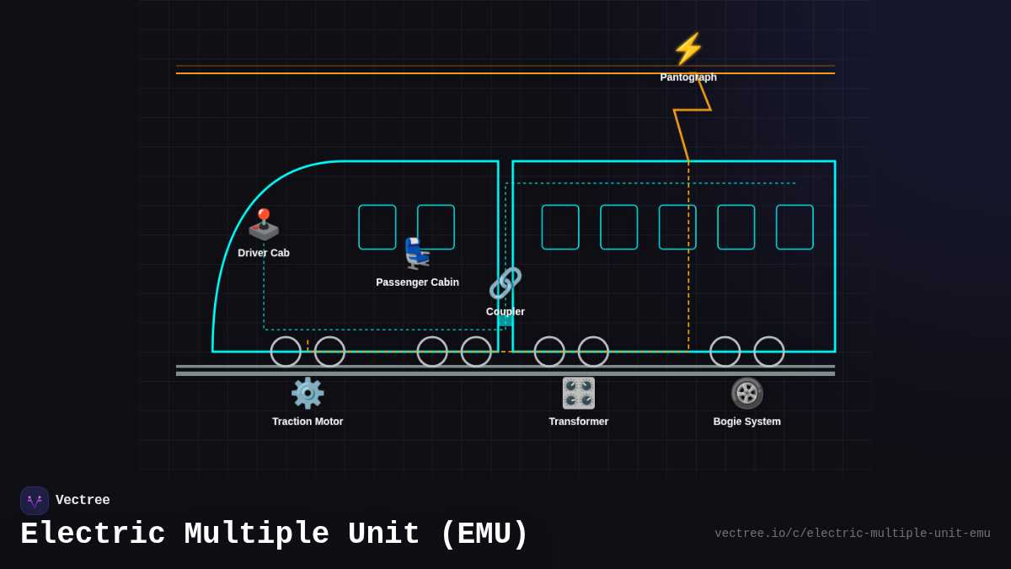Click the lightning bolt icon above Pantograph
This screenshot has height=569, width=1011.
tap(688, 49)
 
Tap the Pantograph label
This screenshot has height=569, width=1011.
tap(688, 78)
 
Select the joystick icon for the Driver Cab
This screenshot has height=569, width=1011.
tap(264, 224)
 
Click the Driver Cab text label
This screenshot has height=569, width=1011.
tap(264, 253)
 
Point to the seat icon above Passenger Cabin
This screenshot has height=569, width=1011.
tap(417, 253)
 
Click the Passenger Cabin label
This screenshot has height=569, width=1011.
tap(417, 282)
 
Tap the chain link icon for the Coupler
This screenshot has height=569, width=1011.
tap(505, 283)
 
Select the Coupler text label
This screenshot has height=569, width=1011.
tap(505, 312)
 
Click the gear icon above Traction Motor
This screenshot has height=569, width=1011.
tap(308, 393)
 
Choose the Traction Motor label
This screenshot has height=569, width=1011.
tap(308, 421)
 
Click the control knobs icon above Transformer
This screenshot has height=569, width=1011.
tap(579, 393)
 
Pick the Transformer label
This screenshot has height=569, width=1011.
tap(579, 421)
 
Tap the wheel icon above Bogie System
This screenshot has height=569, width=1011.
tap(747, 393)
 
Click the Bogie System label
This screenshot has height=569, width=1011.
tap(747, 421)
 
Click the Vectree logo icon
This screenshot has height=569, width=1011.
tap(35, 501)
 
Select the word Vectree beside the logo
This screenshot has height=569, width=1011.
tap(83, 501)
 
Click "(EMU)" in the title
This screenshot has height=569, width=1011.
tap(484, 534)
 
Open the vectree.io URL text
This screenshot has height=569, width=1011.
tap(852, 534)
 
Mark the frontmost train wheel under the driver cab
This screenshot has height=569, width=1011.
tap(286, 352)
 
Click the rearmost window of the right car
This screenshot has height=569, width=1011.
tap(794, 227)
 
